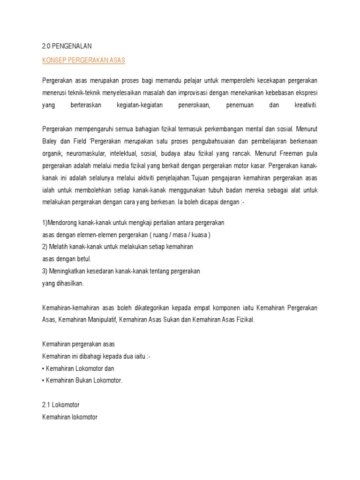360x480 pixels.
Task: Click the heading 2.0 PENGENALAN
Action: (x=67, y=46)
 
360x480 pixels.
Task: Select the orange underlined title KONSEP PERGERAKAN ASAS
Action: (x=84, y=61)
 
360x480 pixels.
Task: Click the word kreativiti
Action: (x=306, y=105)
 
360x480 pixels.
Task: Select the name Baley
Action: (x=50, y=140)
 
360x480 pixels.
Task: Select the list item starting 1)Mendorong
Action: (x=134, y=222)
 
